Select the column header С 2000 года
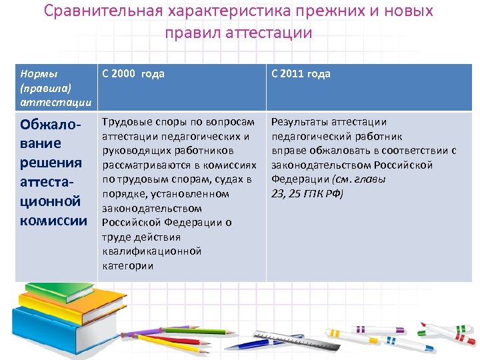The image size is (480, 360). (x=133, y=74)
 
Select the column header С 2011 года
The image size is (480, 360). (x=300, y=74)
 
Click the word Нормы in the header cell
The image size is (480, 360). (x=39, y=73)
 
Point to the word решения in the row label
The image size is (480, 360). (x=51, y=163)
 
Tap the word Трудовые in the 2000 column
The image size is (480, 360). (x=125, y=122)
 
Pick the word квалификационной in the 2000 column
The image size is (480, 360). (x=151, y=251)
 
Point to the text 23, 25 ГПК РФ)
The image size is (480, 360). (x=307, y=194)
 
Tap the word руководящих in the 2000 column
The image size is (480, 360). (x=131, y=151)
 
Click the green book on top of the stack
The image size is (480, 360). (x=50, y=294)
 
